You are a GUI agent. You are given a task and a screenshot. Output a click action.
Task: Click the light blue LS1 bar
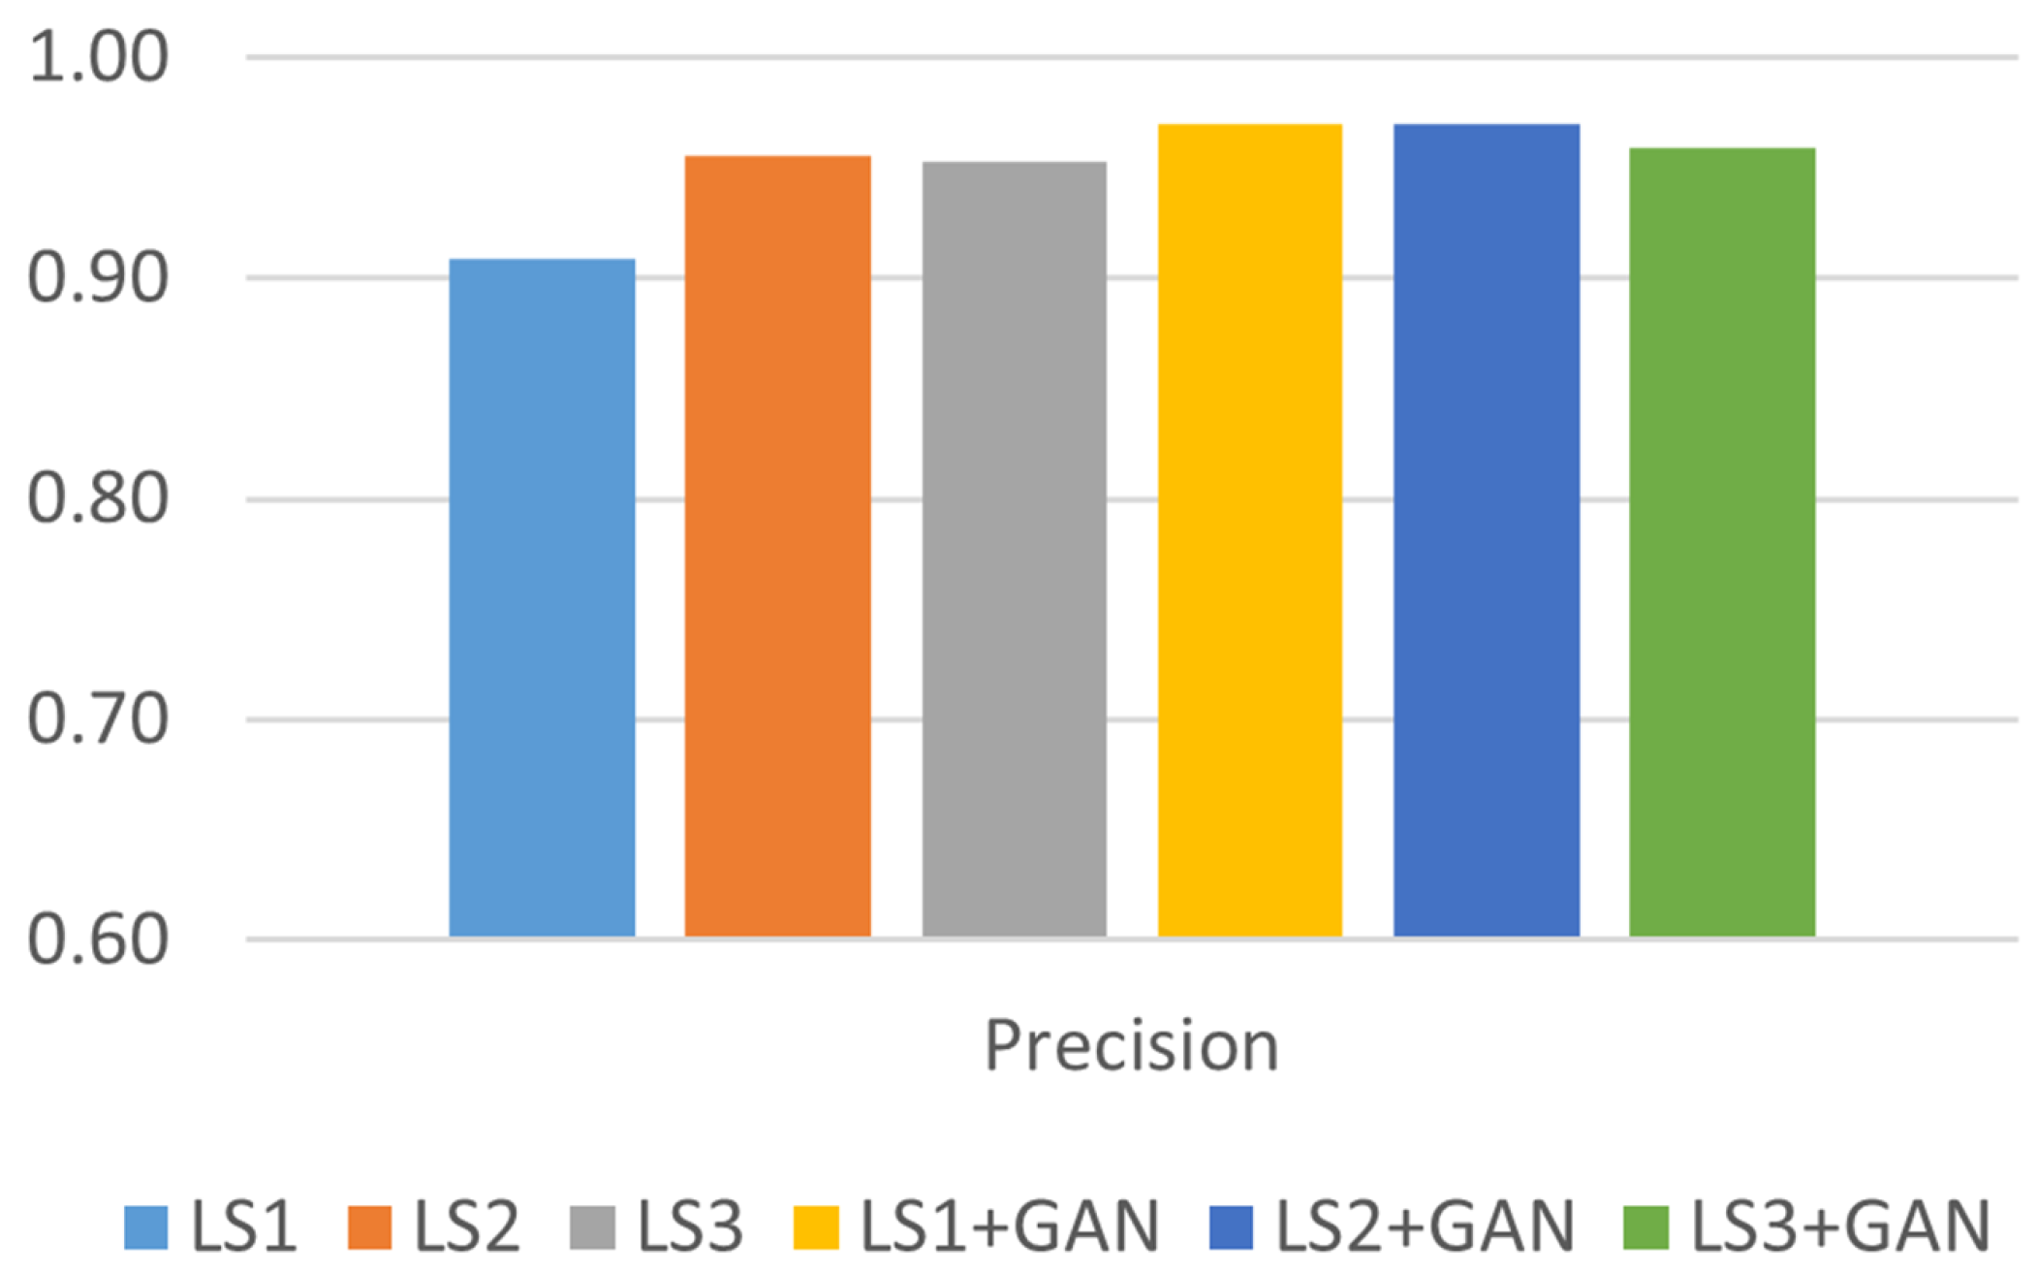coord(542,597)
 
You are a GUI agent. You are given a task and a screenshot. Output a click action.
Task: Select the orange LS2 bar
coord(777,546)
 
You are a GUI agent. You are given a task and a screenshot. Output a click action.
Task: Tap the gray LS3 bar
coord(1014,549)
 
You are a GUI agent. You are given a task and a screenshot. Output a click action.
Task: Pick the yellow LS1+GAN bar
coord(1249,530)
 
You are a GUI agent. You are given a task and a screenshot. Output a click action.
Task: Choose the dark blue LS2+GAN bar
coord(1486,530)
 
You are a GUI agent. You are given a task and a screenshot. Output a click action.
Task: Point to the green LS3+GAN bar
coord(1721,542)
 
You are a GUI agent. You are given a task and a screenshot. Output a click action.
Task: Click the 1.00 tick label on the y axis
coord(98,57)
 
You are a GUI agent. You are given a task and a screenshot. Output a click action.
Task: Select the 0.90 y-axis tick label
coord(98,278)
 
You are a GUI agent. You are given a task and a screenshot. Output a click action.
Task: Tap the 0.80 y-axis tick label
coord(98,499)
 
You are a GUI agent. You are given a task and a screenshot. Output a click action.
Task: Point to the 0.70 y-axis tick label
coord(98,720)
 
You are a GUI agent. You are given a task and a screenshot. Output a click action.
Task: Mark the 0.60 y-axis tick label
coord(98,940)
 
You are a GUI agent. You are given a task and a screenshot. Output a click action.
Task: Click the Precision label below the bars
coord(1131,1046)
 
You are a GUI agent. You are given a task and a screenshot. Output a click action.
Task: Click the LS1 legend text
coord(243,1227)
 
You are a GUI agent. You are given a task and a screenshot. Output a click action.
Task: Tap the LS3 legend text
coord(689,1227)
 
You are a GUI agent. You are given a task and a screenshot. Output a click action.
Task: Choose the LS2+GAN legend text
coord(1425,1227)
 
